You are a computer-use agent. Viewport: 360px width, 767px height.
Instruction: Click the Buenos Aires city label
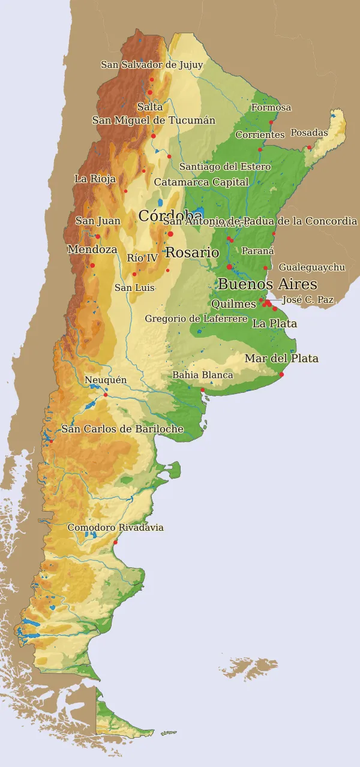pos(267,284)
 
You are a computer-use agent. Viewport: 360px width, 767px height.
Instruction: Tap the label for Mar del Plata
pos(281,359)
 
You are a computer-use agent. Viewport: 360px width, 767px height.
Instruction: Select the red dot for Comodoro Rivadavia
pos(115,543)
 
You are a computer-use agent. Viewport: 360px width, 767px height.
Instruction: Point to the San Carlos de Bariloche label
pos(122,429)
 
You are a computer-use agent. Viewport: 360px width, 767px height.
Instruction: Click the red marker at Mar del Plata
pos(281,375)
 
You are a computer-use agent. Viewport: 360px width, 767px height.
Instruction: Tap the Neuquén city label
pos(106,380)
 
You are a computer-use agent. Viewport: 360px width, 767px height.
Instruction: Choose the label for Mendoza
pos(92,249)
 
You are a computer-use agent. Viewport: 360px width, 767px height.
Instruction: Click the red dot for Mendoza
pos(92,265)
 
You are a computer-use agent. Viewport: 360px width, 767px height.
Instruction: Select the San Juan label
pos(98,221)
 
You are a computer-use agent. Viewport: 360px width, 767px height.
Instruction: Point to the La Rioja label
pos(95,179)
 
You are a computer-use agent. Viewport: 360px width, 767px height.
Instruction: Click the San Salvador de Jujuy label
pos(152,65)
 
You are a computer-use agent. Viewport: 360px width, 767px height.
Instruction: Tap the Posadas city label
pos(309,133)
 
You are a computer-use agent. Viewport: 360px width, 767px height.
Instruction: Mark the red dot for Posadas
pos(310,148)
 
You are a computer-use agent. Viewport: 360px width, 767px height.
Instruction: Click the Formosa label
pos(271,108)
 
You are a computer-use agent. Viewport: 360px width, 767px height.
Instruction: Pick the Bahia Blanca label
pos(202,375)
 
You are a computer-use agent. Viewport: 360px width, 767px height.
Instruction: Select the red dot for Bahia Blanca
pos(203,390)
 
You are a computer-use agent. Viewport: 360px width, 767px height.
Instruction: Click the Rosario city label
pos(192,252)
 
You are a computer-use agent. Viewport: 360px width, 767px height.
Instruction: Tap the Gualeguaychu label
pos(311,267)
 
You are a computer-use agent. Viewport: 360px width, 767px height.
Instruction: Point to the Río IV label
pos(142,258)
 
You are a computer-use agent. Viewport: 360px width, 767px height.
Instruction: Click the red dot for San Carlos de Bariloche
pos(51,441)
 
